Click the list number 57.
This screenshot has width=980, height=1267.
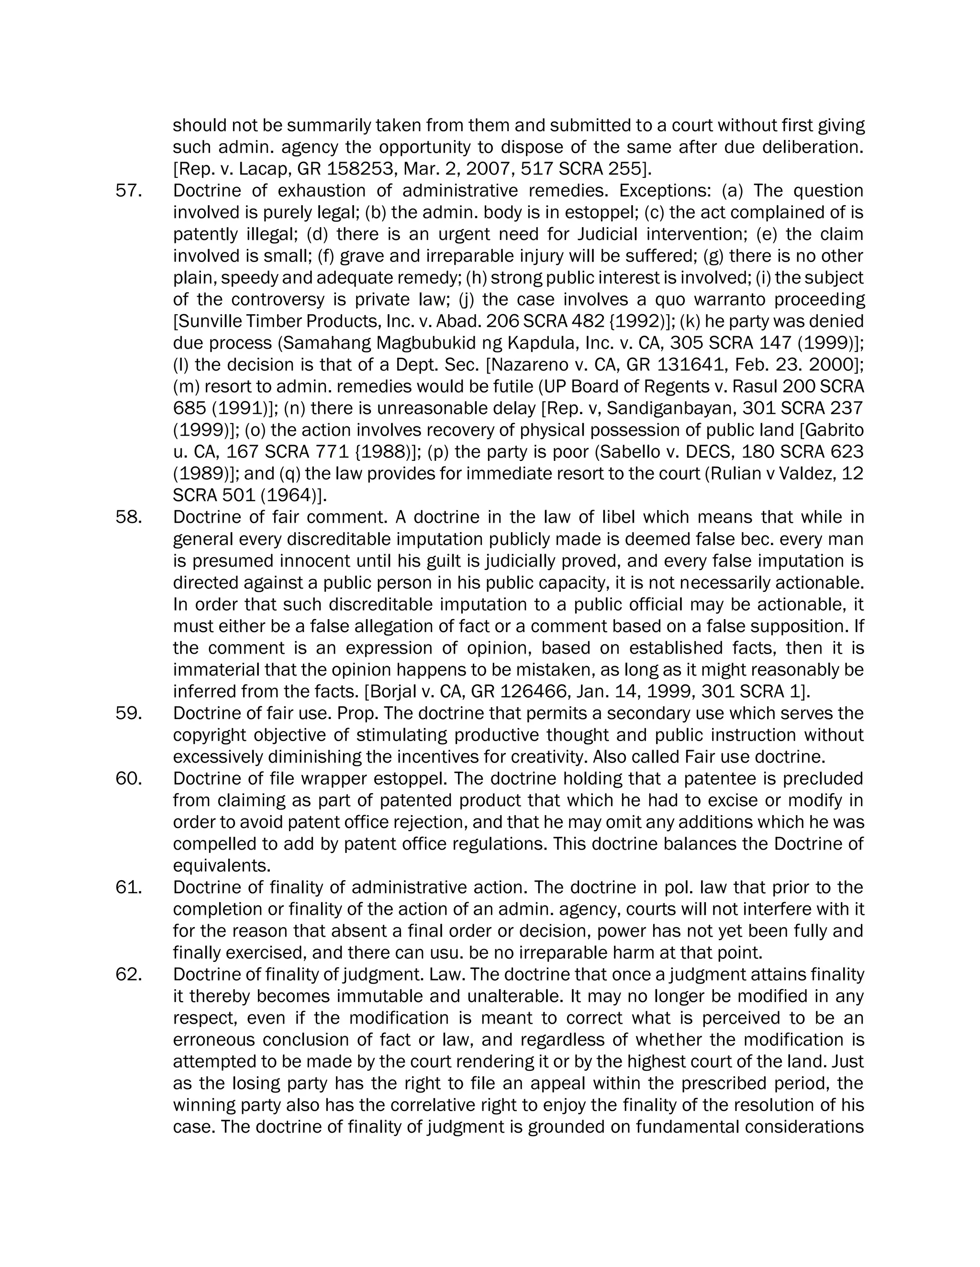tap(128, 191)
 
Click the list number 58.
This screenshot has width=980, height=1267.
tap(128, 517)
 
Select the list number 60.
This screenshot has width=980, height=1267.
tap(128, 778)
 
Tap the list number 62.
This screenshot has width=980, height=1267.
tap(128, 974)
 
